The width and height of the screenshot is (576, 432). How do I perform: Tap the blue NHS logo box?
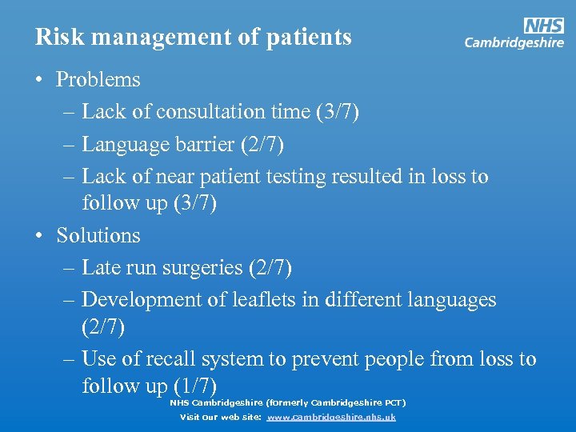point(543,26)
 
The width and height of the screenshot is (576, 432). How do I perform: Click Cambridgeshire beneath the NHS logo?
point(514,43)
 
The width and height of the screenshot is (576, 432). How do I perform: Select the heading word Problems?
point(98,80)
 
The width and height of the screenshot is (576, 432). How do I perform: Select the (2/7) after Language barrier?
point(265,145)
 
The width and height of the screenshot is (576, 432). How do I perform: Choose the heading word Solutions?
point(98,236)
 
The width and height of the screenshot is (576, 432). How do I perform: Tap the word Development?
point(137,300)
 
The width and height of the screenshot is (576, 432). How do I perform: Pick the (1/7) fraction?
point(195,386)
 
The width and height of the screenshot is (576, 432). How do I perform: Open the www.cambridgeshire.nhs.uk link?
point(331,417)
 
